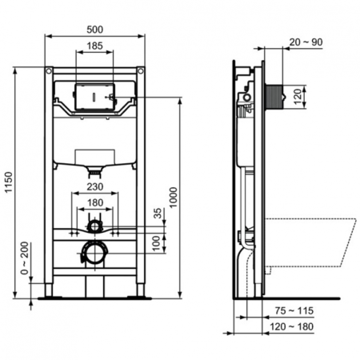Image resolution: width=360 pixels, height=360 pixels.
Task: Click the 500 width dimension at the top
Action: point(95,29)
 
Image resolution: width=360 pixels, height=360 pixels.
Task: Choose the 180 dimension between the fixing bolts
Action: point(95,203)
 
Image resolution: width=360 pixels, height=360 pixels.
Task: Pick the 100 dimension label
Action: point(157,242)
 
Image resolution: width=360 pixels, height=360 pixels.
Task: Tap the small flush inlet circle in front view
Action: point(94,226)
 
